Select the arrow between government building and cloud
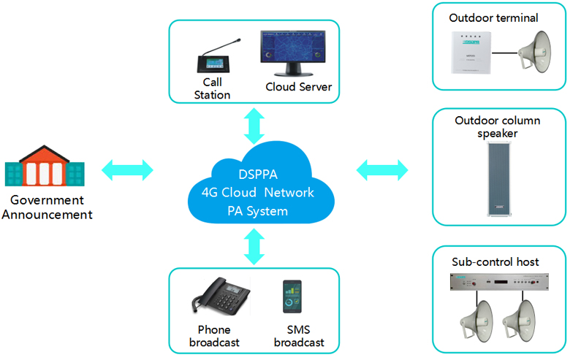tap(128, 170)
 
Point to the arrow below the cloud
tap(254, 246)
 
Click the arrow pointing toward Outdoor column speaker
tap(382, 170)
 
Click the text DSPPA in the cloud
tap(258, 175)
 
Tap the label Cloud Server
tap(299, 88)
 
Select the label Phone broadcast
tap(214, 337)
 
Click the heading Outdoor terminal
tap(493, 18)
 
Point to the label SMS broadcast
tap(299, 337)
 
